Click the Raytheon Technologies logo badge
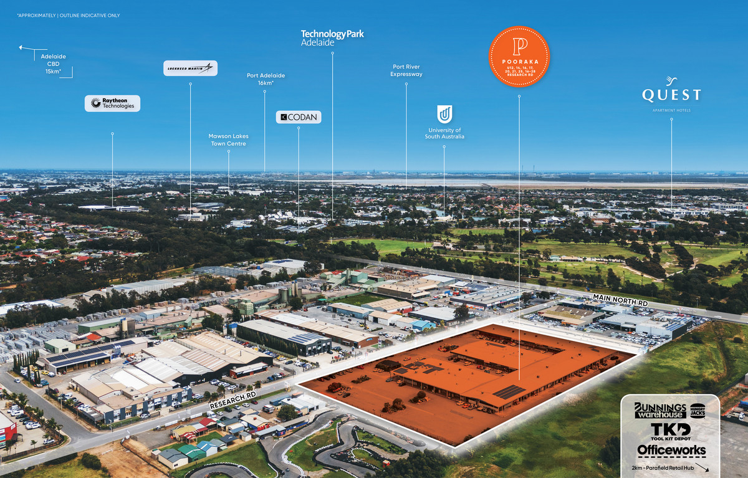coord(112,103)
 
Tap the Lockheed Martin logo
coord(190,68)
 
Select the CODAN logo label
coord(298,117)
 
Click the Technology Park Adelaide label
coord(332,38)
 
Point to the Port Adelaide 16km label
coord(266,79)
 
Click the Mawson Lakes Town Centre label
coord(228,140)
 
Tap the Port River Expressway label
coord(406,70)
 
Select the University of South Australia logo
coord(444,114)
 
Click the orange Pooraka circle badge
coord(519,56)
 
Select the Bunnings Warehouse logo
coord(659,410)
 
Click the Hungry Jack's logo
coord(698,411)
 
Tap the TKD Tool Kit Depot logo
coord(670,431)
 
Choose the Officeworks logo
coord(671,450)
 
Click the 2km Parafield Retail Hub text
coord(664,466)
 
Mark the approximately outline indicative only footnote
coord(69,15)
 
